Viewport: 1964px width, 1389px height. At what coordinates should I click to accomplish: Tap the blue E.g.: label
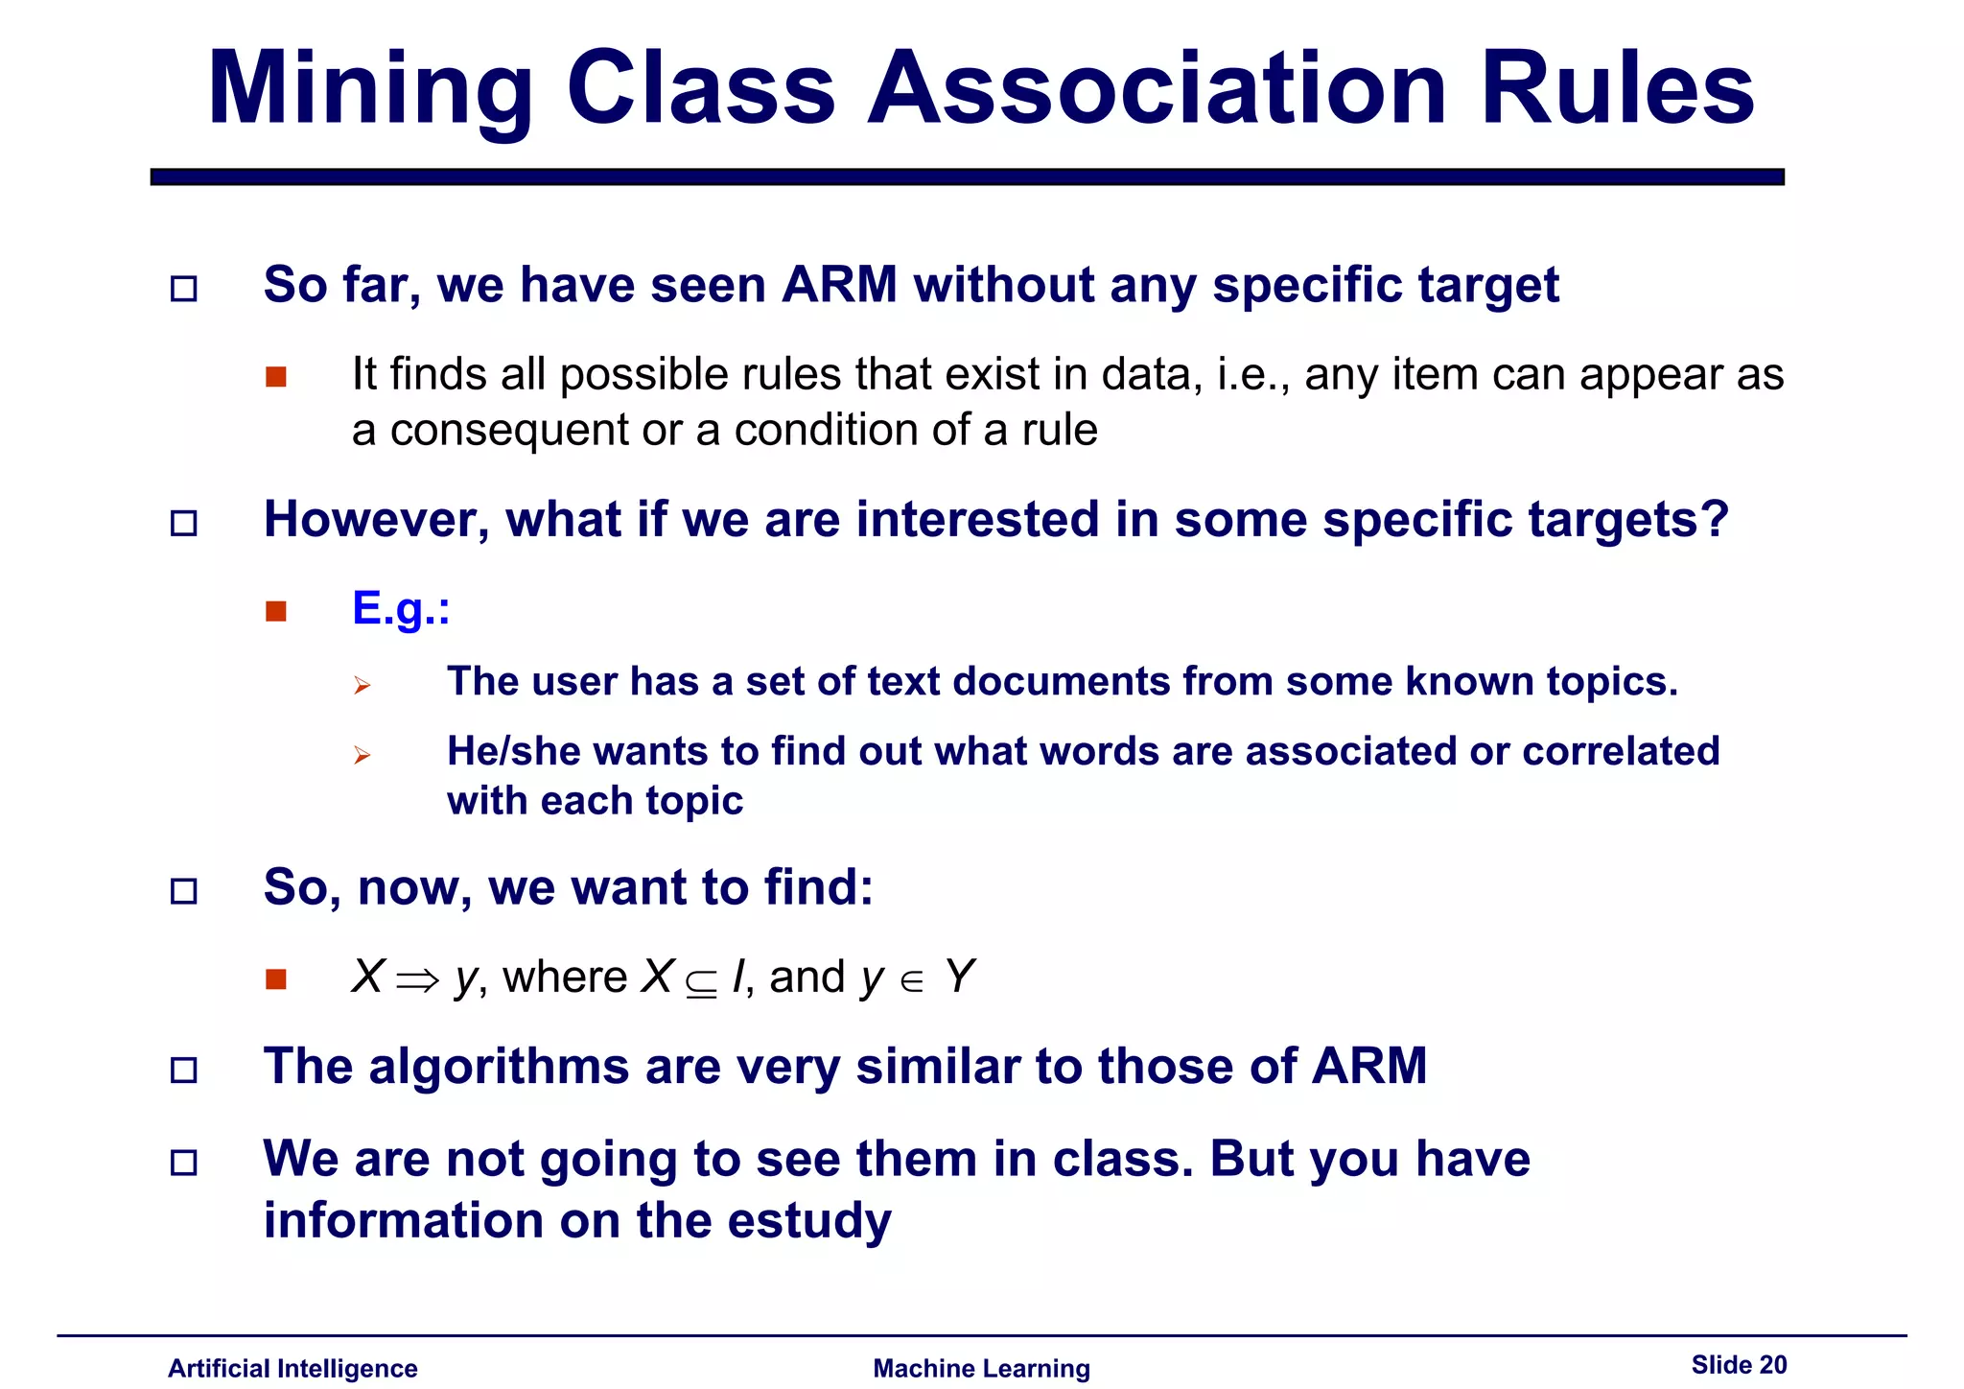click(400, 608)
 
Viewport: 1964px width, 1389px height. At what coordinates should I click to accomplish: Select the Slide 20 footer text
click(1738, 1364)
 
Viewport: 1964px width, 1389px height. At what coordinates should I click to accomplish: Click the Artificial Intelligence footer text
click(292, 1368)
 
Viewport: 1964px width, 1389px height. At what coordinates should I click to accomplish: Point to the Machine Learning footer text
click(981, 1368)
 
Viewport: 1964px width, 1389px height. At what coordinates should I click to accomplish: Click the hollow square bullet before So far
click(183, 289)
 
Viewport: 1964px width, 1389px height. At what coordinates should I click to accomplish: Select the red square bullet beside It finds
click(276, 377)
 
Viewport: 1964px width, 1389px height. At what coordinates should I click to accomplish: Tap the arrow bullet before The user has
click(362, 685)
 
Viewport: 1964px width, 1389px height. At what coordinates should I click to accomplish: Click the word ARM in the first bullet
click(839, 285)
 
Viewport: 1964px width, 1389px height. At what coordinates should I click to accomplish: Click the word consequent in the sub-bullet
click(509, 431)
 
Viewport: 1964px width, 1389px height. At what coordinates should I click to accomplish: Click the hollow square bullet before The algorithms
click(183, 1070)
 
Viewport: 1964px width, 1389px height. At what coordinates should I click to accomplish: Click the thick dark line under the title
click(967, 177)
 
